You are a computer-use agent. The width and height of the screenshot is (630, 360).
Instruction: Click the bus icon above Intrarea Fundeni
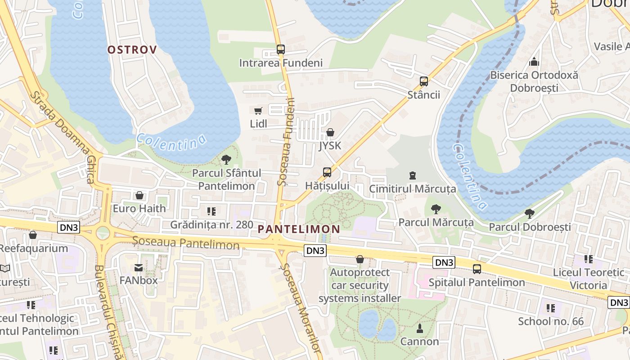[x=280, y=49]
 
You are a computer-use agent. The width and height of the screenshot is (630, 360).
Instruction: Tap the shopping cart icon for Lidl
[x=258, y=111]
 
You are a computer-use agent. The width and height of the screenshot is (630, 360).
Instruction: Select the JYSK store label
[x=330, y=146]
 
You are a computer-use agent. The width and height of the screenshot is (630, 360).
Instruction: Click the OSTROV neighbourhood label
[x=132, y=50]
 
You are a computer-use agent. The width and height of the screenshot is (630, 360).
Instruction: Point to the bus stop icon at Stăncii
[x=423, y=81]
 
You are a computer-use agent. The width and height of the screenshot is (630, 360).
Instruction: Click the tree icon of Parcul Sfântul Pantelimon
[x=226, y=159]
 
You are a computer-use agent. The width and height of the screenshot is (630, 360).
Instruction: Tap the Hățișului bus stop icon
[x=327, y=172]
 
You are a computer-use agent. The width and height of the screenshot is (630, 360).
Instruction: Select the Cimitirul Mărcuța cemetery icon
[x=412, y=175]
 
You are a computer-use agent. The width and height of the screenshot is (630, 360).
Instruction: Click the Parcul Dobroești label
[x=530, y=227]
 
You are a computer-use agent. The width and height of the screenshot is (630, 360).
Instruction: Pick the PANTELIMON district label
[x=299, y=229]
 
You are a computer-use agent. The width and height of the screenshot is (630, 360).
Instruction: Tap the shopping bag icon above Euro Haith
[x=139, y=195]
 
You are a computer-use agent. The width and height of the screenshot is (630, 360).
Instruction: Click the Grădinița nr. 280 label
[x=211, y=224]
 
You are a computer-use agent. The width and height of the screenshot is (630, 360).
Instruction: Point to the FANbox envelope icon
[x=138, y=268]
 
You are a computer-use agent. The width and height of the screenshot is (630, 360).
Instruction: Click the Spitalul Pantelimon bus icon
[x=477, y=269]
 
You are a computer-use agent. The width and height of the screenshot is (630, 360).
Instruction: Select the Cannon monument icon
[x=419, y=328]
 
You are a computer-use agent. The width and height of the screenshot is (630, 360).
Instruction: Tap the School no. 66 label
[x=550, y=321]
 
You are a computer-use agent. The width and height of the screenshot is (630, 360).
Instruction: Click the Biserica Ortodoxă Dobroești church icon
[x=534, y=62]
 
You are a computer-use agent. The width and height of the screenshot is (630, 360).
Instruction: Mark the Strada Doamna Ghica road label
[x=63, y=138]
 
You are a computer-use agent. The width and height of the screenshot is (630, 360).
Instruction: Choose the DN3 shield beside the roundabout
[x=69, y=227]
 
